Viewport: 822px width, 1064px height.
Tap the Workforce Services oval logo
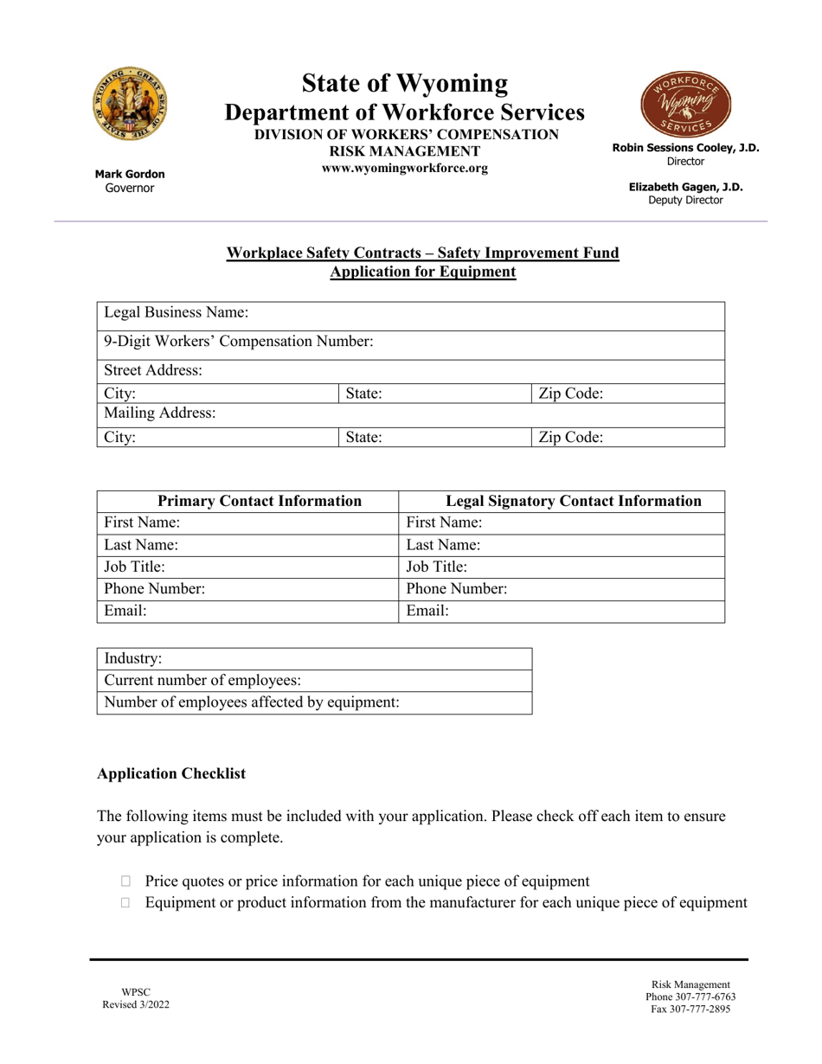point(685,105)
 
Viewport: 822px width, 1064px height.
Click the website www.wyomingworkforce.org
point(405,169)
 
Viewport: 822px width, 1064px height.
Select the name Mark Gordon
point(130,174)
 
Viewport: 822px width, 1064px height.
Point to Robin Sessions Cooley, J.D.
point(685,148)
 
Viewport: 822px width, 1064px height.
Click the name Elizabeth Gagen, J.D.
point(685,187)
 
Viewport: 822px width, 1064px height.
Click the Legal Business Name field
point(410,312)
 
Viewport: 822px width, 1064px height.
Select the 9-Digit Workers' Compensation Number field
point(410,342)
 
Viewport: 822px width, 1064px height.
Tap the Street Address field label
point(154,371)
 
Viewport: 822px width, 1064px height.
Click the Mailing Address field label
point(160,413)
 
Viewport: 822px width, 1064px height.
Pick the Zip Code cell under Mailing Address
point(627,437)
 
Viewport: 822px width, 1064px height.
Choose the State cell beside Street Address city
point(433,394)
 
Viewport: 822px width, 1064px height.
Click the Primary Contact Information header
point(247,501)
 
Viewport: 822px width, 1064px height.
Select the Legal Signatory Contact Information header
point(562,501)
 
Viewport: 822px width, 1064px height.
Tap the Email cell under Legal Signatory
point(562,611)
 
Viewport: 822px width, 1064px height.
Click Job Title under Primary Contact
point(247,567)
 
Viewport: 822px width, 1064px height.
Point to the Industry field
point(314,659)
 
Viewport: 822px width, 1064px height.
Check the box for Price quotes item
point(126,881)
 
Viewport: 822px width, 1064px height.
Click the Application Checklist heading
point(171,773)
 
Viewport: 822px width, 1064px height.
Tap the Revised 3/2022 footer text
point(130,1004)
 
